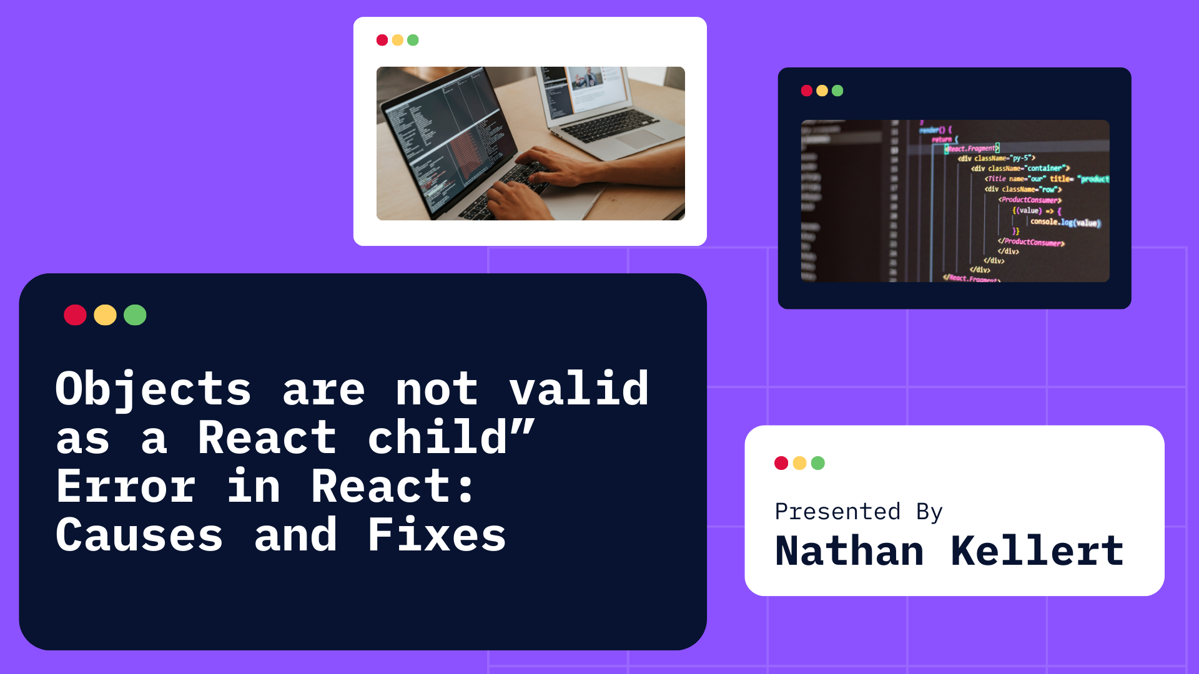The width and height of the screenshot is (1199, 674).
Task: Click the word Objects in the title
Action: click(153, 389)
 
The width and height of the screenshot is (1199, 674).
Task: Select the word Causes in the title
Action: click(139, 535)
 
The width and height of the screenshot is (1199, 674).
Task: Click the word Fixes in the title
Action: click(437, 535)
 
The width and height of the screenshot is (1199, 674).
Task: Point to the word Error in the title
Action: click(126, 487)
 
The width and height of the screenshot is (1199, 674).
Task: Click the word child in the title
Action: click(437, 438)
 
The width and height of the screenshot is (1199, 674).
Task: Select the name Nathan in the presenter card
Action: click(849, 552)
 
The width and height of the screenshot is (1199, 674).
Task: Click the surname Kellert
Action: click(1037, 552)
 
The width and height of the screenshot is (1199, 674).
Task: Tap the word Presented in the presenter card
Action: click(837, 512)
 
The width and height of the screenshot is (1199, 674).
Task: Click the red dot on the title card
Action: click(75, 315)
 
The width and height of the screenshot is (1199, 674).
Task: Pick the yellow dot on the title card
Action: click(105, 315)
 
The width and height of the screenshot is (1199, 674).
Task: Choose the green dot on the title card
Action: click(135, 315)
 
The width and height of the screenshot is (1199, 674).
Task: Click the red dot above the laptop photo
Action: click(382, 41)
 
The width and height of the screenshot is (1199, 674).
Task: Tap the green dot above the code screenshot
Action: click(837, 91)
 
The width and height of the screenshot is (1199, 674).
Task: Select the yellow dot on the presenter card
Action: click(799, 463)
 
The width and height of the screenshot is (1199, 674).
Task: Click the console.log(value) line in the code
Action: click(1065, 222)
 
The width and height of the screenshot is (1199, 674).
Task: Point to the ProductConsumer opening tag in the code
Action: click(1030, 200)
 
